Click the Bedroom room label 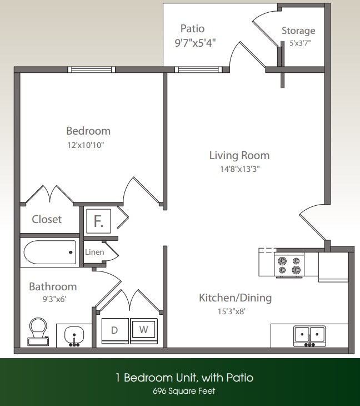coord(88,131)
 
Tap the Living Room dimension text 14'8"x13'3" coord(239,169)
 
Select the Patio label coord(192,28)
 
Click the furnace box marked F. coord(99,221)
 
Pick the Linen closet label coord(94,252)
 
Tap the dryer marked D coord(114,330)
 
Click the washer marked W coord(143,330)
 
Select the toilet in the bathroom coord(38,331)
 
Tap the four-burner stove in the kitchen coord(289,265)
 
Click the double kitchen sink coord(309,335)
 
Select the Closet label coord(47,219)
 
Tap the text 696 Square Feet coord(184,391)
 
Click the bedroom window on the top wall coord(93,70)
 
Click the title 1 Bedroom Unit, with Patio coord(184,378)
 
